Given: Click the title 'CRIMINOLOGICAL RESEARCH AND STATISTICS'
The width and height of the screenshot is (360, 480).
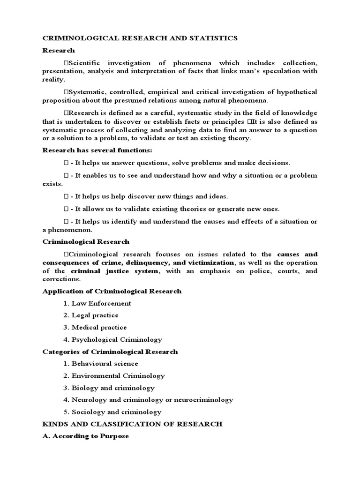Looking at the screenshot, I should pyautogui.click(x=140, y=38).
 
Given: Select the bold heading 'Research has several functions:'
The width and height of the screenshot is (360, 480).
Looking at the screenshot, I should pyautogui.click(x=97, y=150).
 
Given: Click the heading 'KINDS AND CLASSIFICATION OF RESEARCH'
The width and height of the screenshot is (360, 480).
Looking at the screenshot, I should pyautogui.click(x=132, y=424).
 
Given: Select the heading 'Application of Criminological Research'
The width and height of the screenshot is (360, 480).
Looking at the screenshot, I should pyautogui.click(x=112, y=291).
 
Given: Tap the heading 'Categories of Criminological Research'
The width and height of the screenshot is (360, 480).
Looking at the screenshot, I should pyautogui.click(x=110, y=352).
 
